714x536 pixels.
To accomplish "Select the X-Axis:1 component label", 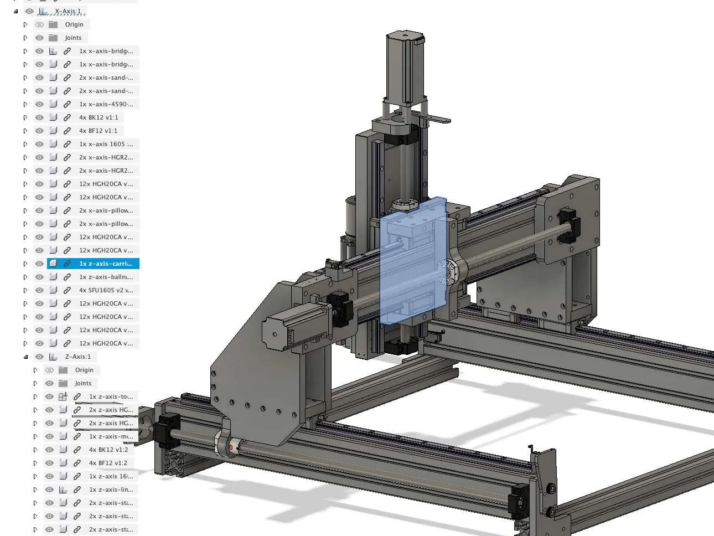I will [x=68, y=11].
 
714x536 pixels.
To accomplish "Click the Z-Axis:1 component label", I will [x=77, y=357].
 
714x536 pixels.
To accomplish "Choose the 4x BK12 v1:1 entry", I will [x=98, y=117].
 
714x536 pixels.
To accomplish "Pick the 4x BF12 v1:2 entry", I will [x=108, y=463].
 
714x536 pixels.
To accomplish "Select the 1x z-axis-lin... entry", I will [x=111, y=489].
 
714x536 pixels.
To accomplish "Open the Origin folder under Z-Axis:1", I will [x=84, y=370].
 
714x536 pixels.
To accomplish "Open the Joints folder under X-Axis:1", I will [x=73, y=38].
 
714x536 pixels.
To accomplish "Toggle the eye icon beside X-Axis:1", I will [x=29, y=11].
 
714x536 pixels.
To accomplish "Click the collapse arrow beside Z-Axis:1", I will [x=25, y=357].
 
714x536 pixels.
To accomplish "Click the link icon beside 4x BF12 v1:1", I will [x=67, y=131].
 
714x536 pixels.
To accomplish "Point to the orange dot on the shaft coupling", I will [x=231, y=446].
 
